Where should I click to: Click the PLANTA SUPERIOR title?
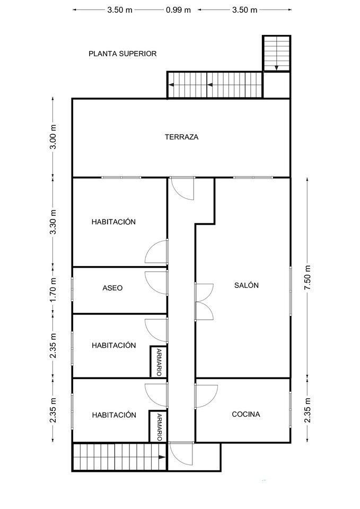(x=122, y=54)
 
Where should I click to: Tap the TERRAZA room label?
(x=181, y=137)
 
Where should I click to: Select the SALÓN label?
(x=247, y=285)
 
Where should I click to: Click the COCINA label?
(x=246, y=414)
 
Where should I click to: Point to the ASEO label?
(x=112, y=288)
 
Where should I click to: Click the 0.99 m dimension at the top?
(x=178, y=10)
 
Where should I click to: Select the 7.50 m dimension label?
(x=308, y=278)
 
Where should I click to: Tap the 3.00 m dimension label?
(x=54, y=137)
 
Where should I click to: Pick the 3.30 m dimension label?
(x=54, y=222)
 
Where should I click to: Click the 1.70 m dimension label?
(x=54, y=289)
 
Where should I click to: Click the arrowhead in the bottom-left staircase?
(x=162, y=457)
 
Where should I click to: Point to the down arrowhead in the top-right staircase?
(x=276, y=68)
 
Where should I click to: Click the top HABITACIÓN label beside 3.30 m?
(x=113, y=222)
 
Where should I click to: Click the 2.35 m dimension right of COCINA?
(x=308, y=410)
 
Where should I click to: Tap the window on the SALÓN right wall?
(x=291, y=291)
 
